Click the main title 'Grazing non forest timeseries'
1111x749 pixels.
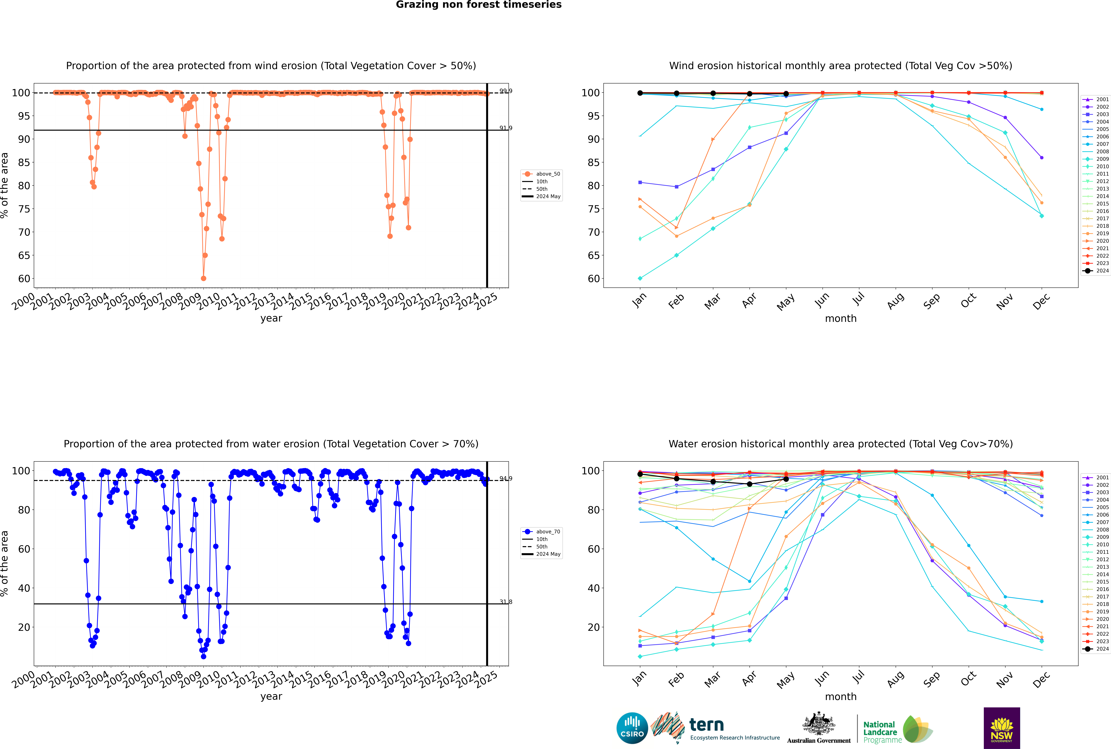tap(479, 5)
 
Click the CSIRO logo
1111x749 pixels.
tap(632, 728)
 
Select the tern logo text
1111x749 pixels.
tap(706, 725)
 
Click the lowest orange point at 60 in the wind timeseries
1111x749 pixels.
tap(204, 278)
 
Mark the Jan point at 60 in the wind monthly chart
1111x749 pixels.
tap(640, 278)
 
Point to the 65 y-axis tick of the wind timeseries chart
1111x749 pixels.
tap(24, 256)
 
